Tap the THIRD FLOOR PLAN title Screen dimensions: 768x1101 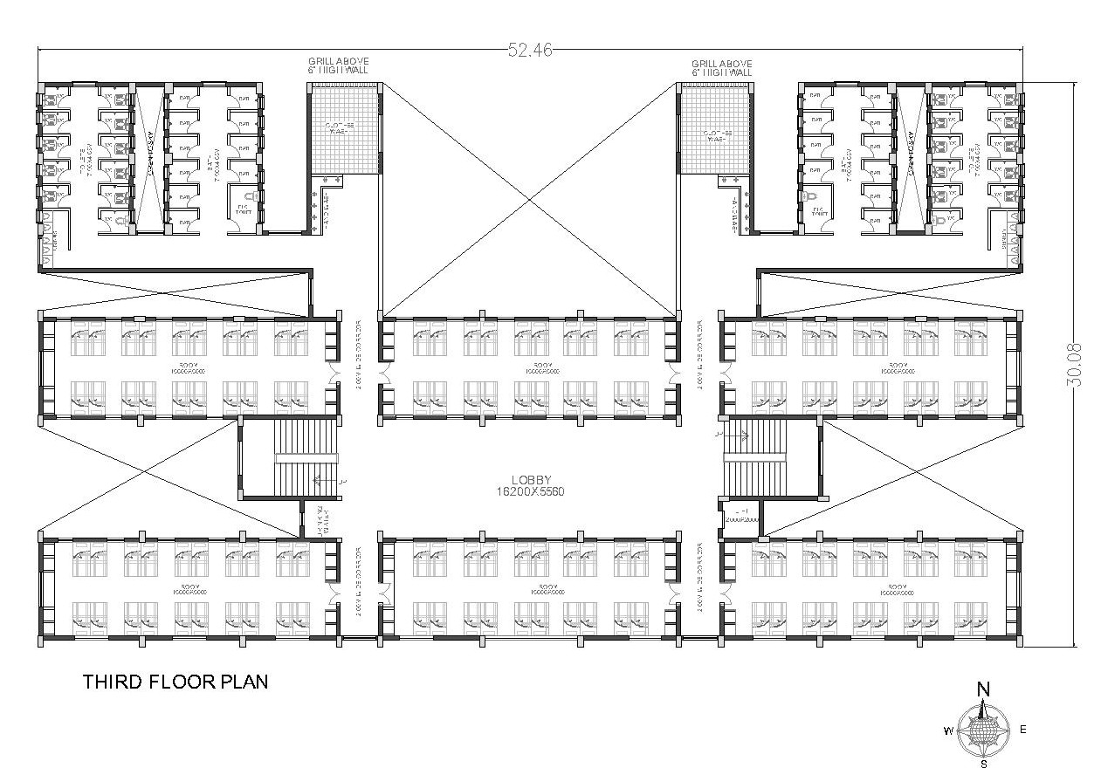pyautogui.click(x=175, y=682)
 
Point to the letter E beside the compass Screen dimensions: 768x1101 pyautogui.click(x=1023, y=730)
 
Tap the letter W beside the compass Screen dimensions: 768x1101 pyautogui.click(x=946, y=730)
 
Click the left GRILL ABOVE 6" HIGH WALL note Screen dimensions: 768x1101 pyautogui.click(x=338, y=67)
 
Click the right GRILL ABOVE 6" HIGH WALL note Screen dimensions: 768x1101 pyautogui.click(x=721, y=67)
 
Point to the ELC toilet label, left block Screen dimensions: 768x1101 pyautogui.click(x=243, y=210)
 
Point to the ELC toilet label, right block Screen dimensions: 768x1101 pyautogui.click(x=818, y=210)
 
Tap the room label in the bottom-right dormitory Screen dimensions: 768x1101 pyautogui.click(x=896, y=588)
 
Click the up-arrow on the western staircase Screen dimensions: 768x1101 pyautogui.click(x=318, y=478)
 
